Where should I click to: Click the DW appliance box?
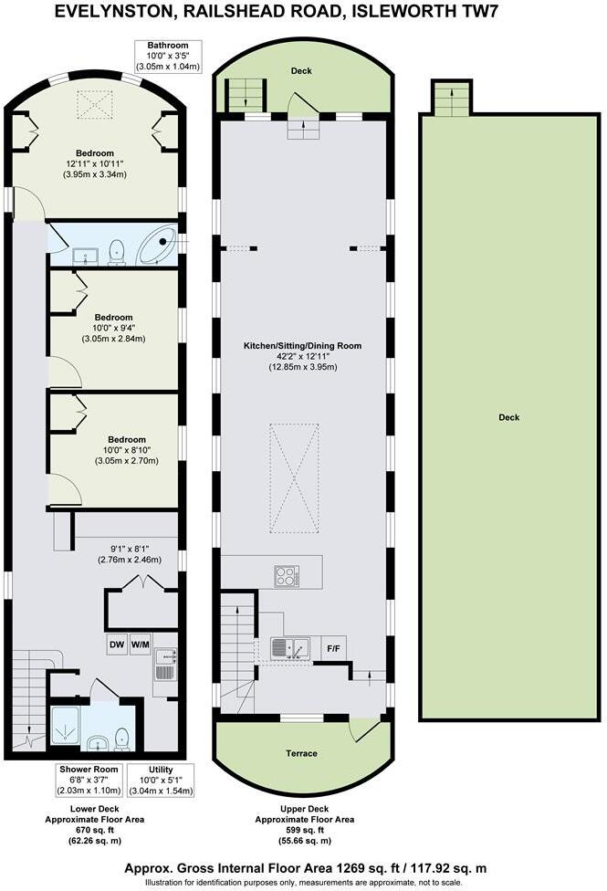(116, 643)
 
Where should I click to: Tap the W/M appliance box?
(141, 643)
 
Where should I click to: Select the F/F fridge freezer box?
(334, 649)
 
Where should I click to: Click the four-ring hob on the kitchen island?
(287, 576)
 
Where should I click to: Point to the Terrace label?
(302, 753)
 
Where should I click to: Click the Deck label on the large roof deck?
(508, 417)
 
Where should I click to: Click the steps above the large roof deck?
(449, 99)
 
